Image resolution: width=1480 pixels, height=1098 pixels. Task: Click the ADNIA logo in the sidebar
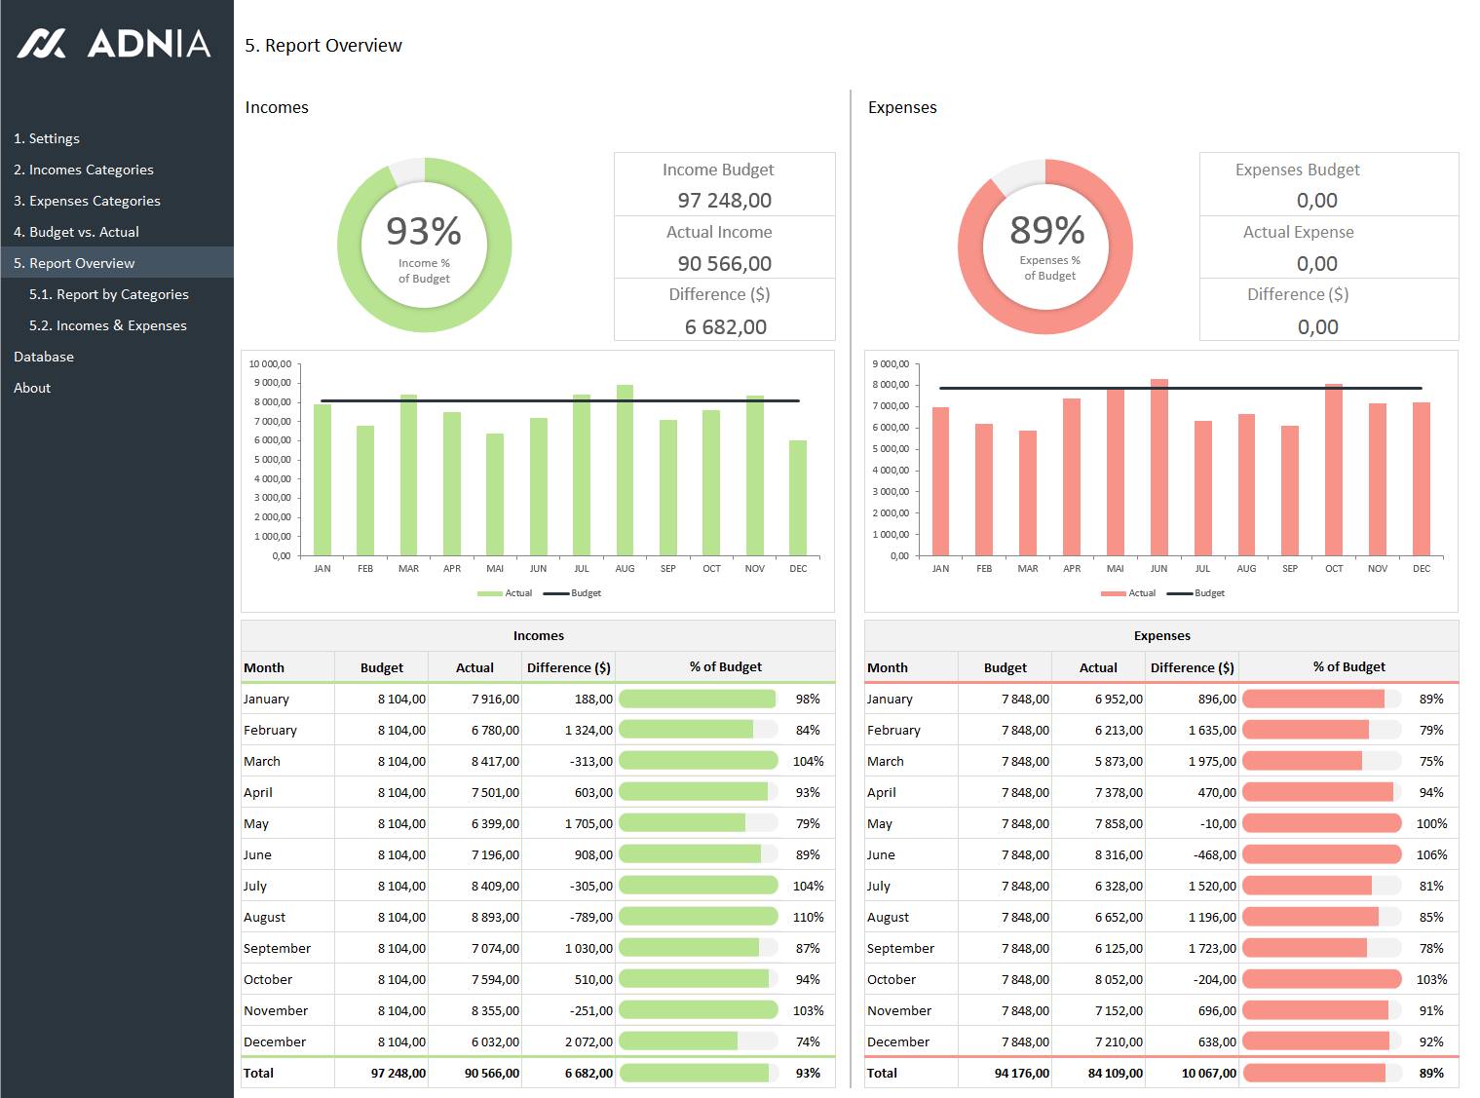tap(114, 44)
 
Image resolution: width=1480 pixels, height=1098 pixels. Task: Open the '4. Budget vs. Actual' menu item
tap(76, 232)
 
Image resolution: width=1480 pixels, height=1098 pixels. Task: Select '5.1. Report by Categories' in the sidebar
tap(109, 294)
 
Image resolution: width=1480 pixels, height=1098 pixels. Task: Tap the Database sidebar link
tap(44, 357)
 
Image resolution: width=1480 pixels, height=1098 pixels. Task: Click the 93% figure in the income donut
tap(424, 231)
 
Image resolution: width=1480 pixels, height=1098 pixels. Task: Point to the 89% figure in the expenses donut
tap(1047, 230)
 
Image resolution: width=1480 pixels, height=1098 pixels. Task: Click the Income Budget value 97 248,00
tap(725, 201)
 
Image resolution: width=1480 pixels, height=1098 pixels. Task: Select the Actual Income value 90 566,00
tap(725, 264)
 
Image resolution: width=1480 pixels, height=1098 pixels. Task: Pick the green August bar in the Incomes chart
tap(625, 471)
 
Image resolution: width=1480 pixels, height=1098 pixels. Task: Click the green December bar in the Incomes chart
tap(797, 498)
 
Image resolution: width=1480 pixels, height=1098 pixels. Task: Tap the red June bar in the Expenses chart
tap(1159, 468)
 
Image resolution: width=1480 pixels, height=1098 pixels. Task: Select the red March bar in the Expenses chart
tap(1028, 493)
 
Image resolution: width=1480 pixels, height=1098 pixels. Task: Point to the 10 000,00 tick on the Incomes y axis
tap(270, 363)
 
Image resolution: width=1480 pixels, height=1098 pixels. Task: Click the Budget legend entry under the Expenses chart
tap(1195, 592)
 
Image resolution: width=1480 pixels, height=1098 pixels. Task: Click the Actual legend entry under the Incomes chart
tap(505, 592)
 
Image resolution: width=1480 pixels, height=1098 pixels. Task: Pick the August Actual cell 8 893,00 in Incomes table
tap(495, 917)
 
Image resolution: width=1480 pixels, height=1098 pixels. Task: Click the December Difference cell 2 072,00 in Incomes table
tap(588, 1041)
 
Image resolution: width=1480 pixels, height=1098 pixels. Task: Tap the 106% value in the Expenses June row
tap(1431, 855)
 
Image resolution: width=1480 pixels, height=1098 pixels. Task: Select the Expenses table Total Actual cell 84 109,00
tap(1115, 1074)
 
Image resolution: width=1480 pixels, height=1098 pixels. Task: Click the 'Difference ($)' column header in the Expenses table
tap(1192, 667)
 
